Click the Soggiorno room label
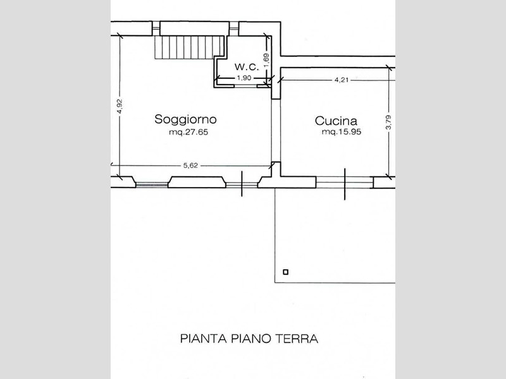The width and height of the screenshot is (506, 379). point(185,119)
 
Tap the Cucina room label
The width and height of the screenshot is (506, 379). point(336,121)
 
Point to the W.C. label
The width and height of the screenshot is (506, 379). point(247,67)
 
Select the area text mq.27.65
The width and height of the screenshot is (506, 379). point(188,132)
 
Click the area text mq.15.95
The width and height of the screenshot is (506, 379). point(342,132)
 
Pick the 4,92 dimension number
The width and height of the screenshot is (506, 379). point(120,106)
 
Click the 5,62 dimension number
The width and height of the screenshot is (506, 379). point(190,165)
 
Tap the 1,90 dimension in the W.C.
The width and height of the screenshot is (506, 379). point(244,78)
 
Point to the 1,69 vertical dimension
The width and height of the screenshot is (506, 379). point(266,61)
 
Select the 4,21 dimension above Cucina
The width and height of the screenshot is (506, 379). point(342,80)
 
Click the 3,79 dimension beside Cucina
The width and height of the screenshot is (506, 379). point(388,123)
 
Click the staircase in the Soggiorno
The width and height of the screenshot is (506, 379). point(190,47)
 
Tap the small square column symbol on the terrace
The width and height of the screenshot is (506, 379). point(286,272)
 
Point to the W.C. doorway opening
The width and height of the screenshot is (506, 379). point(245,86)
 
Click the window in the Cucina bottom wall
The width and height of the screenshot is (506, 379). point(345,183)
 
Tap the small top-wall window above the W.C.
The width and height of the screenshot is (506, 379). point(233,28)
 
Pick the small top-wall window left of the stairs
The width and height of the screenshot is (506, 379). point(156,28)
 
